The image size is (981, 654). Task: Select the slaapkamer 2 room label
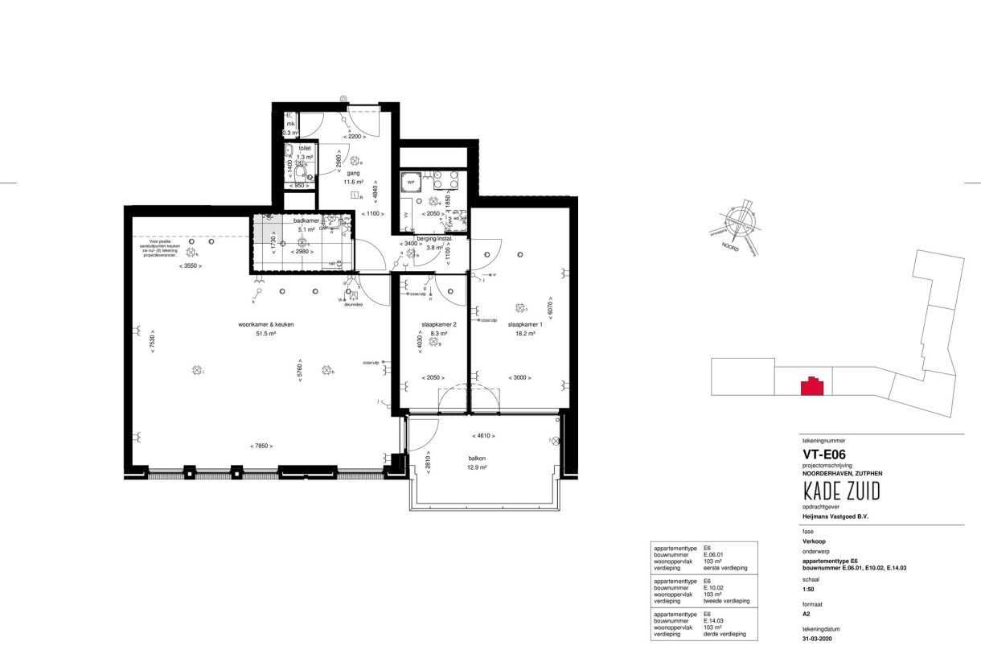(439, 324)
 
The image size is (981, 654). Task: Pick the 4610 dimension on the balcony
(482, 435)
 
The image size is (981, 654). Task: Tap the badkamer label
(307, 220)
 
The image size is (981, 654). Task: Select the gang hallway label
(352, 173)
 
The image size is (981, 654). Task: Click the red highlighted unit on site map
(812, 386)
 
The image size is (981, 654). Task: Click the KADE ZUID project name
(841, 491)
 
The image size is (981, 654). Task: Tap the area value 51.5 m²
(265, 333)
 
